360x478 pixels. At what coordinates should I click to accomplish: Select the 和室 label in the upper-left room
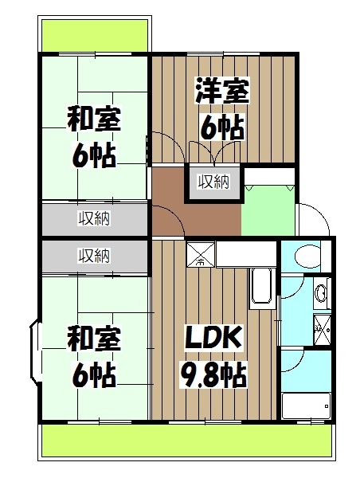93,122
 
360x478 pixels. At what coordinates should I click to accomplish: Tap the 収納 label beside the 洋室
214,182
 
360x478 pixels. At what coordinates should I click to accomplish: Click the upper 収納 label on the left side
94,217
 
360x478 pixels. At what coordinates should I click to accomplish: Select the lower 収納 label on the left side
94,256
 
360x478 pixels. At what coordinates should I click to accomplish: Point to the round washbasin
321,293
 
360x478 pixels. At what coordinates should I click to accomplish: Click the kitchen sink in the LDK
262,288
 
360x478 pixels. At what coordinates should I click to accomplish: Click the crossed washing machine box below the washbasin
322,326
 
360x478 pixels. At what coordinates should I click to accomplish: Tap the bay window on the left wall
35,351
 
